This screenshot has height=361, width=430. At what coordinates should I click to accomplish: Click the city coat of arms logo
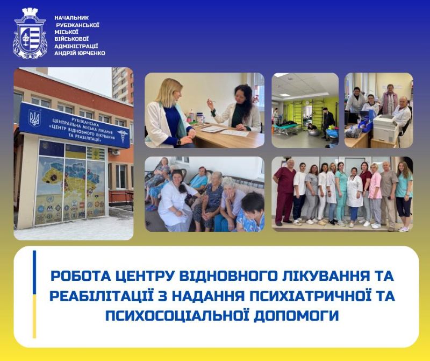coord(30,33)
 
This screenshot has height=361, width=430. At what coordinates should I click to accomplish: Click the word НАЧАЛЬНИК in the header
coord(72,18)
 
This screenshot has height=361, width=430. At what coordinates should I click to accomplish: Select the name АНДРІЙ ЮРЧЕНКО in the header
coord(80,53)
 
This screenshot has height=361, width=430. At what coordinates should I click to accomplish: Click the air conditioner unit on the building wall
coord(114,152)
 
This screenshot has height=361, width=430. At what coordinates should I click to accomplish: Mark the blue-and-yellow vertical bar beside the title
coord(34,294)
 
